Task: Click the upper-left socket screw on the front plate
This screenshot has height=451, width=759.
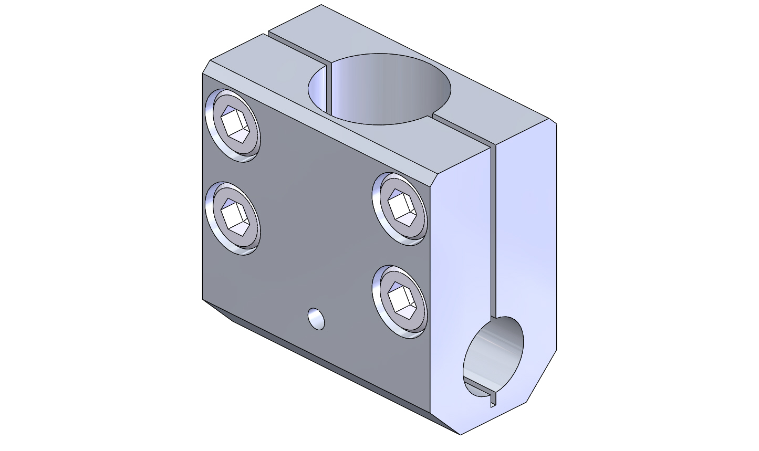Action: tap(233, 125)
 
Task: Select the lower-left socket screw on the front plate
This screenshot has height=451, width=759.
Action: tap(233, 218)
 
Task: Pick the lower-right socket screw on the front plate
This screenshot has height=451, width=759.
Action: tap(400, 301)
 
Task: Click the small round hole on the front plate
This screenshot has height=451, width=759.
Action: tap(316, 319)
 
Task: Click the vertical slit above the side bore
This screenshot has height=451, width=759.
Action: tap(493, 231)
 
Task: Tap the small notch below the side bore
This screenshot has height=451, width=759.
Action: tap(493, 400)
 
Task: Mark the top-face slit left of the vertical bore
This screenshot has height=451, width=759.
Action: tap(297, 50)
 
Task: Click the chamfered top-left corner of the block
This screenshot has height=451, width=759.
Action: tap(206, 67)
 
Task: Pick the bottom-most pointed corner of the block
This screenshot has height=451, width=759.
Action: tap(460, 434)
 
